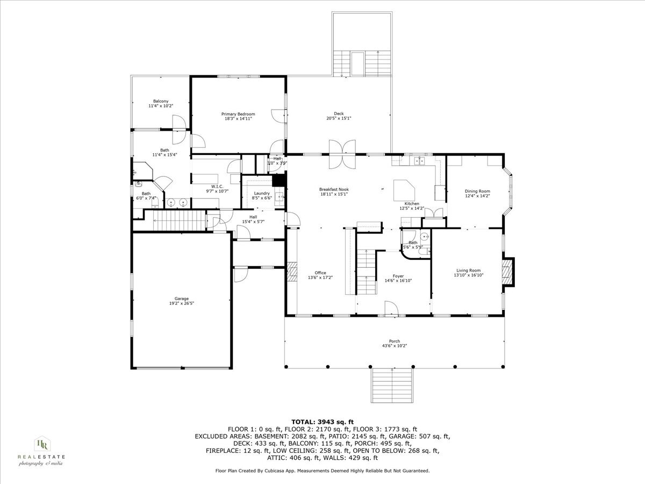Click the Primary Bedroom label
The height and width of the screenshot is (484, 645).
238,114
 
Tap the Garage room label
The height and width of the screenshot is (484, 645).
181,298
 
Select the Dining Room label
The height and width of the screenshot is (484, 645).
477,191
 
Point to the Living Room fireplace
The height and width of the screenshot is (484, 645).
507,272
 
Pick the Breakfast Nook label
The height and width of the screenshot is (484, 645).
334,189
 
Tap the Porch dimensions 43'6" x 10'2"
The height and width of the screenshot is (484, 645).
395,346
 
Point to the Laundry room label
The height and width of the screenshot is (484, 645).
262,193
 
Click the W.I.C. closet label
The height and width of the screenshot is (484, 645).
217,187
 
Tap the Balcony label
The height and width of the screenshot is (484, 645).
161,101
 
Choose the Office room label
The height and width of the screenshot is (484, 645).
320,273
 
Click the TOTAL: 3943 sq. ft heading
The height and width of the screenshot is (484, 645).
322,422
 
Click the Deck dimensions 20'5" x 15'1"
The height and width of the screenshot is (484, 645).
339,119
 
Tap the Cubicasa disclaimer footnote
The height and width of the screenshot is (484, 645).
322,471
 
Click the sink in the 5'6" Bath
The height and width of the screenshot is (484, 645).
424,237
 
